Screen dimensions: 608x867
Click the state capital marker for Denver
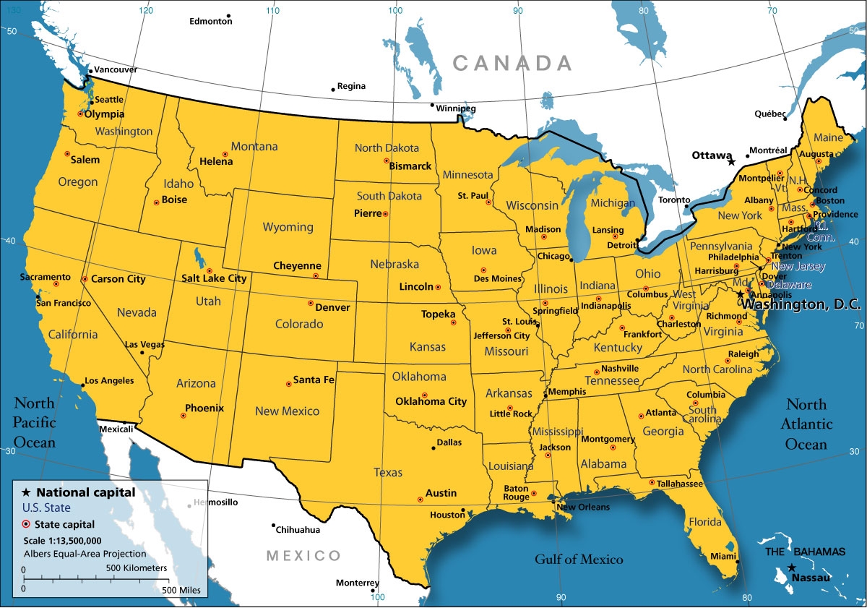pyautogui.click(x=311, y=303)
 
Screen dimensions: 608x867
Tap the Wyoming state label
pyautogui.click(x=288, y=227)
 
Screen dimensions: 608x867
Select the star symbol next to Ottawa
pyautogui.click(x=731, y=162)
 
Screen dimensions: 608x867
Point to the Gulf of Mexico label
pyautogui.click(x=579, y=559)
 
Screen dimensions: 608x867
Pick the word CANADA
pyautogui.click(x=512, y=64)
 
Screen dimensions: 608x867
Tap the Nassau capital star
pyautogui.click(x=792, y=568)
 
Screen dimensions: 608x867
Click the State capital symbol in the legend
pyautogui.click(x=26, y=524)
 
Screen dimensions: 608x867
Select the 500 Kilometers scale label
pyautogui.click(x=137, y=568)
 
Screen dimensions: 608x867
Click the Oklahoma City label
pyautogui.click(x=431, y=401)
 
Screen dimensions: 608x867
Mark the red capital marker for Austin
pyautogui.click(x=420, y=500)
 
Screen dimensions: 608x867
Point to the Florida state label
pyautogui.click(x=704, y=522)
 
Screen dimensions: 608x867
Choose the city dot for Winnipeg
pyautogui.click(x=432, y=106)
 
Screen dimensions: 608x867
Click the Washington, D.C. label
pyautogui.click(x=802, y=305)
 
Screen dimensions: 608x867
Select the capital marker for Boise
pyautogui.click(x=156, y=202)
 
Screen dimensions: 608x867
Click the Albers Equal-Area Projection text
pyautogui.click(x=85, y=554)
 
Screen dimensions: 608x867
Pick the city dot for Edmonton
pyautogui.click(x=228, y=15)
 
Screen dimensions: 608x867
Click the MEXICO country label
pyautogui.click(x=303, y=555)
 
